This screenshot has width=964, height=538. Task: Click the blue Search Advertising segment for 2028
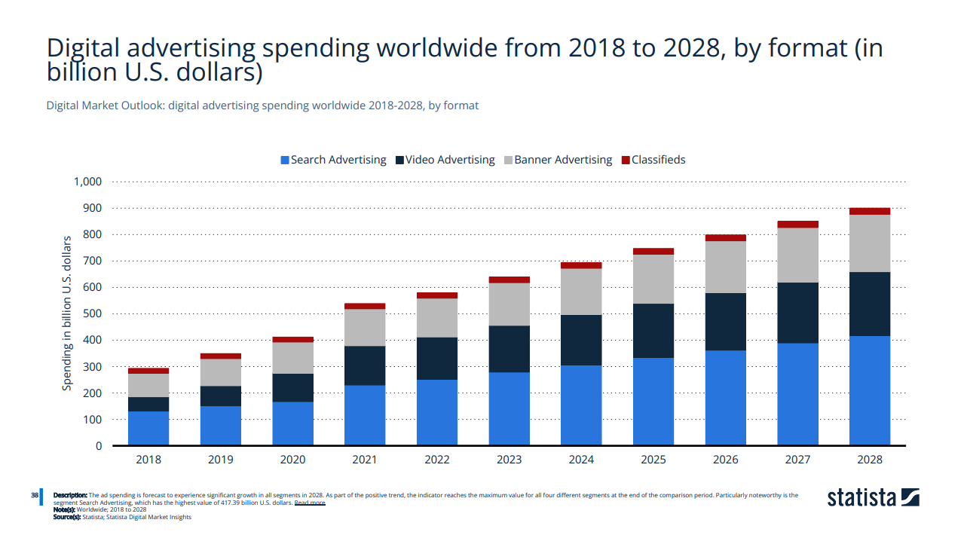[x=869, y=390]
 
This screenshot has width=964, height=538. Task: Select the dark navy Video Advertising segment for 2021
[x=365, y=365]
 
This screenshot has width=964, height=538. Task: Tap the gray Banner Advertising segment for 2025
[x=653, y=279]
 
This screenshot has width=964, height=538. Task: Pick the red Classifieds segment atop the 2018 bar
[x=148, y=371]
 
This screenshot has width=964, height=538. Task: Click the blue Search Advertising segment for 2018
[x=148, y=428]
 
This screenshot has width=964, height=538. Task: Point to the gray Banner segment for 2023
[x=509, y=304]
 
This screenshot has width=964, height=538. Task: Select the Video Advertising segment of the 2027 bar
[x=797, y=313]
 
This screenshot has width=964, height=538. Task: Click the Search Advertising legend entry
[x=333, y=160]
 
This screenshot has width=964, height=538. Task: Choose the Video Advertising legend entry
[x=445, y=160]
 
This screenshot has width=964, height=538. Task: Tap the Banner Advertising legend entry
[x=558, y=160]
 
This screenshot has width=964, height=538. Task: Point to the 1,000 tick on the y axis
[x=87, y=182]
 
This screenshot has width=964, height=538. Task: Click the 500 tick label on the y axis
[x=92, y=313]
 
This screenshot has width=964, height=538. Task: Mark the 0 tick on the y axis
[x=98, y=446]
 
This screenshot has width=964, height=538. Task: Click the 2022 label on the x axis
[x=437, y=459]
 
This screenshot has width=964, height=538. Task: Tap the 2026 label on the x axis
[x=725, y=459]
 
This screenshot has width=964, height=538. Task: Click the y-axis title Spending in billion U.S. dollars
[x=67, y=313]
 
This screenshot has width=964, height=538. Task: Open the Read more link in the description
[x=310, y=502]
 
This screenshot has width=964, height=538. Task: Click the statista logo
[x=873, y=497]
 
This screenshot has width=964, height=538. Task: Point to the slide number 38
[x=35, y=495]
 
